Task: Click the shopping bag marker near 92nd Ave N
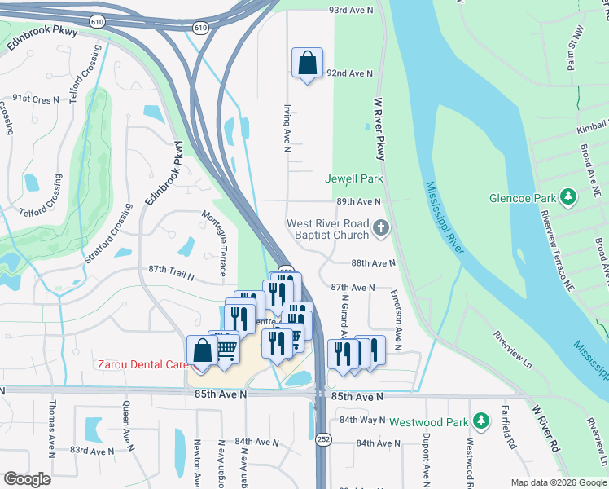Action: point(307,64)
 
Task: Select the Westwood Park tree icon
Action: point(481,421)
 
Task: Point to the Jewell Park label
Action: point(353,178)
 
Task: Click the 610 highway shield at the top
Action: point(200,28)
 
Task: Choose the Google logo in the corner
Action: point(27,479)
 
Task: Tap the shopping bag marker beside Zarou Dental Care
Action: point(201,351)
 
